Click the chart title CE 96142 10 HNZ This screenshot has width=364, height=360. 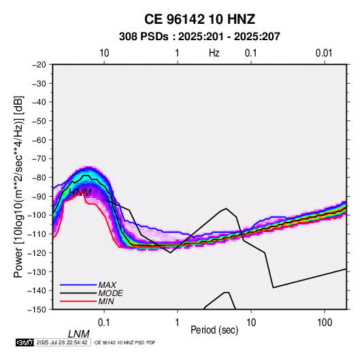[199, 19]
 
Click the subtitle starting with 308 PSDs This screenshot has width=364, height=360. [199, 37]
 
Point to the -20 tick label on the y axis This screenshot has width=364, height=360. [39, 65]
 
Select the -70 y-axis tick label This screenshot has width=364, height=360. [39, 159]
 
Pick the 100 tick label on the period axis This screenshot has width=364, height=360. [325, 323]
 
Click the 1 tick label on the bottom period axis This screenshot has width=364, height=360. [178, 323]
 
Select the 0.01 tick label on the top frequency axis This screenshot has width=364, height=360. [324, 53]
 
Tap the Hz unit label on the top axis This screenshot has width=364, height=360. [214, 53]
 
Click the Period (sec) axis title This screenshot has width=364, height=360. [214, 330]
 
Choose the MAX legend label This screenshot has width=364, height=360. [107, 285]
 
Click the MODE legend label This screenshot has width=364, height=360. [110, 293]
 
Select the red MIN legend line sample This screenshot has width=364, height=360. [78, 301]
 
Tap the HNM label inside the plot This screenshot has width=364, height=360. [80, 193]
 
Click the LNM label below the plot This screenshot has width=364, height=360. [78, 334]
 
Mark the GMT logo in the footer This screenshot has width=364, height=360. [25, 342]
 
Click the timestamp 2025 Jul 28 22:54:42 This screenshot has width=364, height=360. [62, 342]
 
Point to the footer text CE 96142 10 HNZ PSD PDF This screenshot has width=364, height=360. [125, 343]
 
